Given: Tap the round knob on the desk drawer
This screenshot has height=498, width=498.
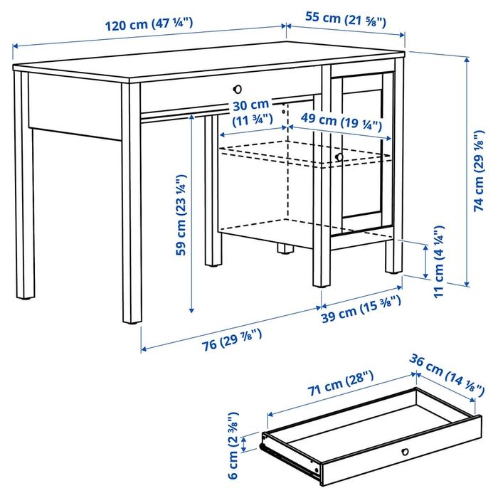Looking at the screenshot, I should click(x=238, y=89).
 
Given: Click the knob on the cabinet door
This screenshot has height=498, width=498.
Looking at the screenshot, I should click(x=339, y=157).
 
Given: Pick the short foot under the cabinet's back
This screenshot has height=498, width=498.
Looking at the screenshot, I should click(x=285, y=249).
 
